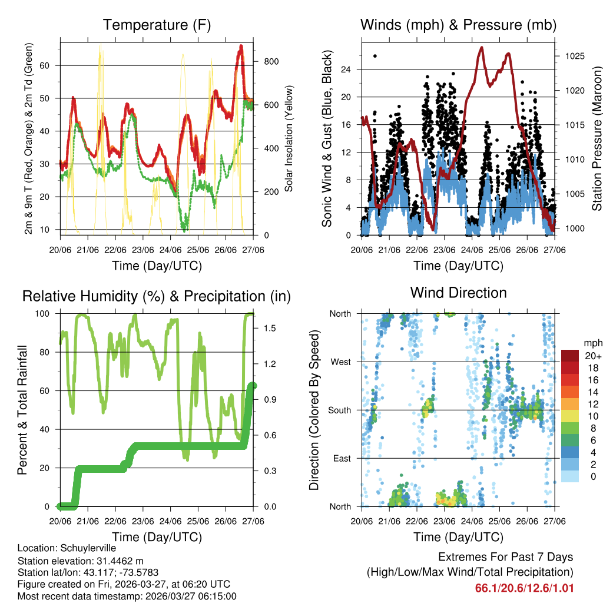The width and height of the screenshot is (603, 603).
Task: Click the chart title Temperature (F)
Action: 157,25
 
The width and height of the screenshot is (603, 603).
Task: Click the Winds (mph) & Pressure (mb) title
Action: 458,25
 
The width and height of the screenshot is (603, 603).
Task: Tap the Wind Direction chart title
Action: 458,293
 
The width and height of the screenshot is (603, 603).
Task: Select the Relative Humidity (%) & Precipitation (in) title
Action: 157,296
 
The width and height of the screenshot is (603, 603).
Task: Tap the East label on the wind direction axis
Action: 342,458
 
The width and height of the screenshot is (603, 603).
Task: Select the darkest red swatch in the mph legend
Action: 571,356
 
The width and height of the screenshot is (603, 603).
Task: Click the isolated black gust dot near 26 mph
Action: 375,56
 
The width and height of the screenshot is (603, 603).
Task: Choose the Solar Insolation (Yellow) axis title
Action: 289,138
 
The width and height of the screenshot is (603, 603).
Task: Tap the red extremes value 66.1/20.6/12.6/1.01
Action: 524,588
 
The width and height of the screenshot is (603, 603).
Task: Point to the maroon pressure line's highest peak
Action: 482,47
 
